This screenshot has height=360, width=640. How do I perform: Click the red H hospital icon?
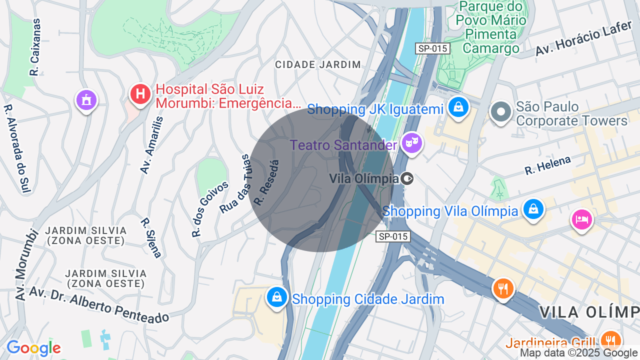(x=140, y=94)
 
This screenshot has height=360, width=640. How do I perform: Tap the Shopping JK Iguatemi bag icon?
(x=458, y=106)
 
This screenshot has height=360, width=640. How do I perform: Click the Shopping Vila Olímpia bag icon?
(x=533, y=209)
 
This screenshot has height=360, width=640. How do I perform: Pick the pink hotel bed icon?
(x=582, y=219)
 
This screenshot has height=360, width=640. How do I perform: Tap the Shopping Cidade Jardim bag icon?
(x=276, y=297)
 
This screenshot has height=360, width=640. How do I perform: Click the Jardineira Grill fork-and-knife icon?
(x=610, y=340)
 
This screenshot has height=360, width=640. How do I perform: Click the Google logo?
(x=33, y=348)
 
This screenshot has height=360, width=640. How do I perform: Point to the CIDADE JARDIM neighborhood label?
(x=318, y=64)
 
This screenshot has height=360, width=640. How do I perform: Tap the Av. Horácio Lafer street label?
(x=583, y=38)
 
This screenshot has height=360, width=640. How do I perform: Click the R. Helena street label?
(x=548, y=165)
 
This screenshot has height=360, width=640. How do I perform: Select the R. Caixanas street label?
(x=35, y=47)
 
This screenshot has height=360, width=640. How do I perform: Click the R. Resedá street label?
(x=266, y=182)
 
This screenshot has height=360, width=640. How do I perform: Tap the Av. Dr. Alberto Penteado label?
(x=99, y=304)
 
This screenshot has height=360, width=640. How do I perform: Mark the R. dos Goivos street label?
(x=210, y=208)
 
